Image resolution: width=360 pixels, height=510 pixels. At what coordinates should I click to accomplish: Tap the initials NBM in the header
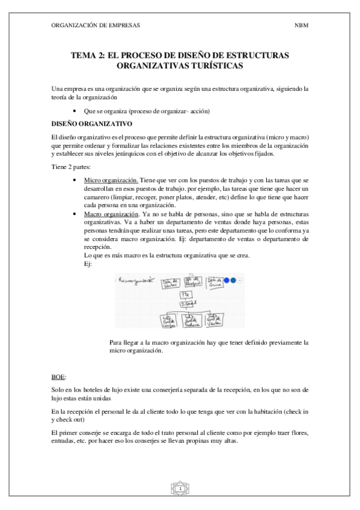pos(301,26)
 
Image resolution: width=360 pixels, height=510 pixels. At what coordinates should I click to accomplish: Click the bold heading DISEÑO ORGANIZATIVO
pos(91,123)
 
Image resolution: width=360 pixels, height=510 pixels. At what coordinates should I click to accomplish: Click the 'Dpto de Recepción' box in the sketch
pos(194,282)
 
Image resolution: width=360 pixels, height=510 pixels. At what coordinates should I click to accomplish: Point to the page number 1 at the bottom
pos(180,490)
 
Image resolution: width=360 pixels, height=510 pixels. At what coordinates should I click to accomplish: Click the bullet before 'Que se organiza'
pos(73,111)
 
